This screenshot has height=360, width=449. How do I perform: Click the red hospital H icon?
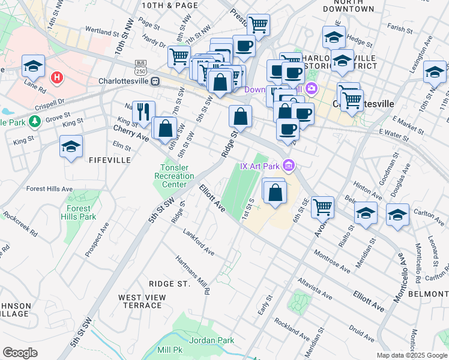click(x=57, y=77)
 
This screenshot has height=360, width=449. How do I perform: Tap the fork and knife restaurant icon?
click(x=143, y=111)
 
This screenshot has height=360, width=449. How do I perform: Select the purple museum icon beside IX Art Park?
click(x=289, y=164)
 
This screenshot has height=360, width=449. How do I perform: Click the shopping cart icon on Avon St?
click(x=323, y=207)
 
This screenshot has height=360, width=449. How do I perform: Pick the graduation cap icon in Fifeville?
click(x=71, y=147)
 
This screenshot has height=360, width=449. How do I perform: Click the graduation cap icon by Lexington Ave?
click(x=435, y=72)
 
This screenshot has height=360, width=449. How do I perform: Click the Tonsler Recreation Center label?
click(x=174, y=176)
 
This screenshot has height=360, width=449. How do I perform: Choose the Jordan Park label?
click(x=211, y=340)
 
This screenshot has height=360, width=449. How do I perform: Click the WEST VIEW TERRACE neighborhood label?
click(x=140, y=301)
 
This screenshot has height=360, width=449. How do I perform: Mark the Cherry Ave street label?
click(x=131, y=133)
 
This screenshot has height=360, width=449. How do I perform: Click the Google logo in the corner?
click(x=20, y=353)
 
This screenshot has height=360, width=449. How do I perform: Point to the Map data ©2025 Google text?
click(x=412, y=355)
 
